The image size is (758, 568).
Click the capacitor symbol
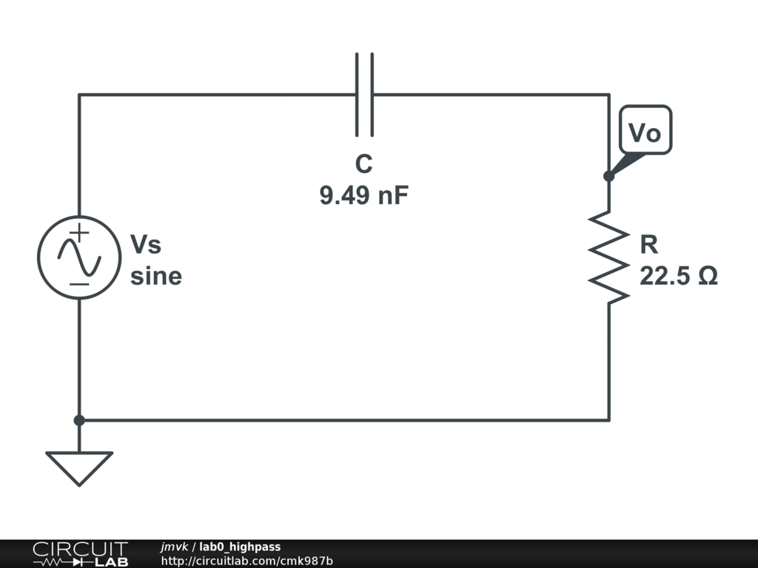pos(364,95)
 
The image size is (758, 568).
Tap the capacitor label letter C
pos(363,164)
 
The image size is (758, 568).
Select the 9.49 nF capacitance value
pos(363,196)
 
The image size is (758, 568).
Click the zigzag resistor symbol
pos(608,257)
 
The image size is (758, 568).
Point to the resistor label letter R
pos(648,244)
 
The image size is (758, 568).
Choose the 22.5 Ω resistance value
pos(678,276)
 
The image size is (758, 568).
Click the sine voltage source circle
pos(79,257)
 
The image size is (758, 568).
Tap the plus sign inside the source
pos(80,232)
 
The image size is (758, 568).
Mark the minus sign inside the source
pos(79,284)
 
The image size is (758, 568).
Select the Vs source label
pos(146,244)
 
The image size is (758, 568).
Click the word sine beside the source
pos(155,276)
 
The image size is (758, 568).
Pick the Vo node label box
pos(644,133)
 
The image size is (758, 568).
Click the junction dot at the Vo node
pos(608,176)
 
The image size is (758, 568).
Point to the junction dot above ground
pos(79,420)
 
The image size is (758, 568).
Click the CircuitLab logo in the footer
pos(80,553)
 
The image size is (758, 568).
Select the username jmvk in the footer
pos(175,547)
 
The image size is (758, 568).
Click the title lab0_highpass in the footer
pos(240,547)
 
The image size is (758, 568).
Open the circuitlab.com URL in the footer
pos(246,561)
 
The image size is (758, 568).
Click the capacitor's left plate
pos(358,95)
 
